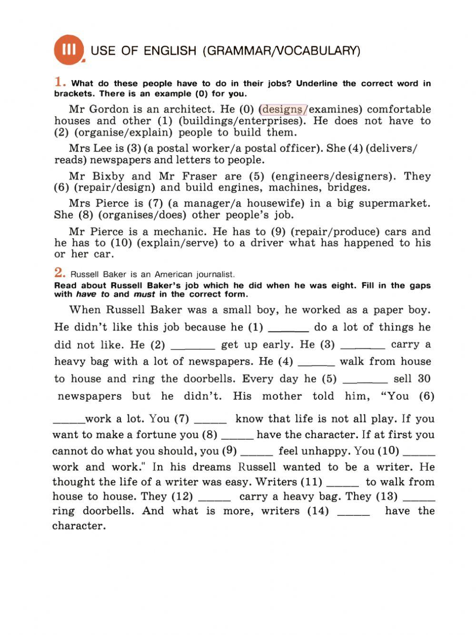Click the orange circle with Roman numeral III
click(69, 50)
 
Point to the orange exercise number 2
click(59, 272)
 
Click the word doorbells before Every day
click(208, 379)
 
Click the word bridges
click(348, 188)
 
